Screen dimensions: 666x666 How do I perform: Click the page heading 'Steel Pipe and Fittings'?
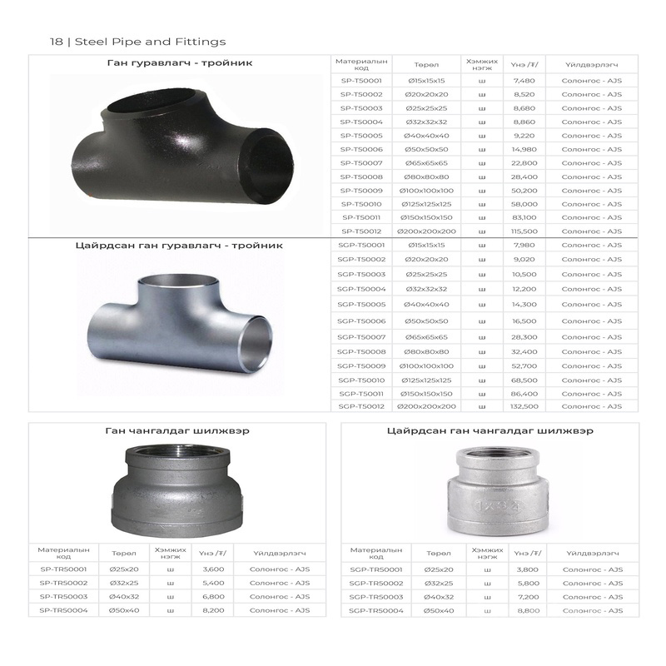(151, 42)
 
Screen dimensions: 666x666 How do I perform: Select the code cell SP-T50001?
(361, 81)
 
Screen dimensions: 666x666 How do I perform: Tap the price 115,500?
(524, 231)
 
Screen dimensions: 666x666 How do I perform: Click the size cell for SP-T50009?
(426, 191)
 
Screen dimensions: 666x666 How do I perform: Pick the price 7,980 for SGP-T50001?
(524, 245)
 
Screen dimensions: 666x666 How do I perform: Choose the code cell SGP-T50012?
(361, 406)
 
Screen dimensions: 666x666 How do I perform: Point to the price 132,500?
(524, 406)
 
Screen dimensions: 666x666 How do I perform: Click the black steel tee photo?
(182, 147)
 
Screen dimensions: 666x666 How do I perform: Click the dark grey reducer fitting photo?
(176, 491)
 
